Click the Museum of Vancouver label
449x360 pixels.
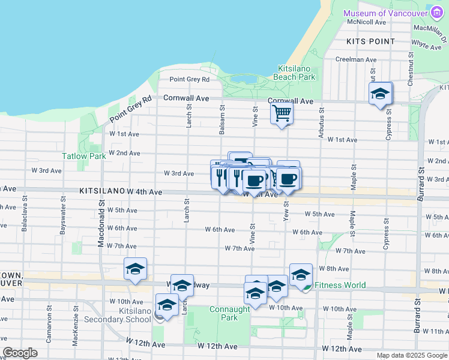pos(384,13)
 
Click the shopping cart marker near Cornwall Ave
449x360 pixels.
pos(282,112)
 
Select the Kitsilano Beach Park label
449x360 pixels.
pos(294,73)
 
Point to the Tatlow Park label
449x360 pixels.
pos(84,156)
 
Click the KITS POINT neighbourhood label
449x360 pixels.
pos(371,41)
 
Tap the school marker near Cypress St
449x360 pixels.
pos(380,94)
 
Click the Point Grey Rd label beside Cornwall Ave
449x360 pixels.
pos(189,79)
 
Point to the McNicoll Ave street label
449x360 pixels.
pos(367,22)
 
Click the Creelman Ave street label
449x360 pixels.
pos(355,59)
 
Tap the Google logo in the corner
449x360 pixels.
pos(20,353)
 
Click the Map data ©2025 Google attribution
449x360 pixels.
pos(412,355)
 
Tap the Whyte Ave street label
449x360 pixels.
pos(426,44)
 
